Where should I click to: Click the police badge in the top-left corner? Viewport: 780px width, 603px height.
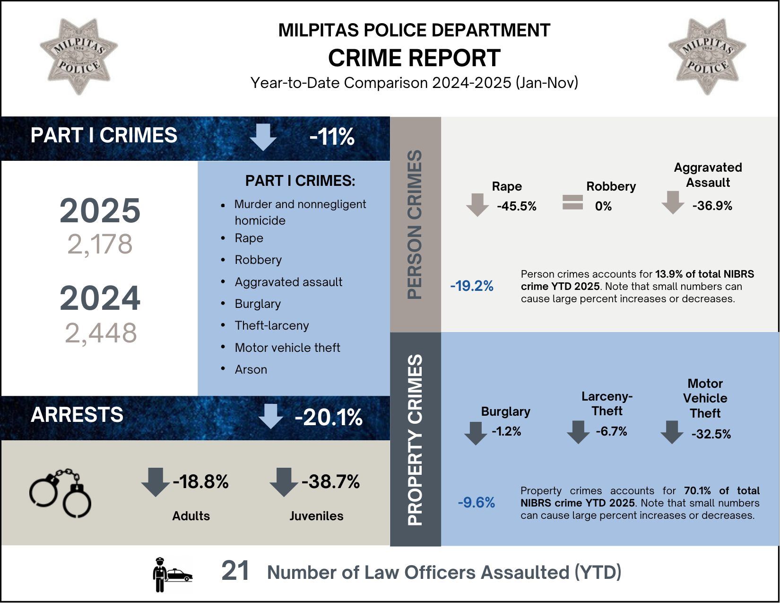(x=78, y=56)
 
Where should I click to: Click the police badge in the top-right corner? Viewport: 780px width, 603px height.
(x=707, y=56)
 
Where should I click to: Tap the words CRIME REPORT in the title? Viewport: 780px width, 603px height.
(x=414, y=58)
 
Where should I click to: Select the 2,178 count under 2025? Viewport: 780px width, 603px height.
(x=100, y=245)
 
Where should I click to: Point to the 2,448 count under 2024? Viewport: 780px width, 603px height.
(x=101, y=332)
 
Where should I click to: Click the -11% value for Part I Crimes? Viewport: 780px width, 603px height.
(x=332, y=137)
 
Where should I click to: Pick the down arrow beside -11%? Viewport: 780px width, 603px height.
(x=263, y=137)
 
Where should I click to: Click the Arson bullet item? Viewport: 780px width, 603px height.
(x=251, y=369)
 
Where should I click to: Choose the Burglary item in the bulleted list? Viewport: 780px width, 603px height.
(x=258, y=304)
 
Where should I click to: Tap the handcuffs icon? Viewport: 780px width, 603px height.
(x=61, y=492)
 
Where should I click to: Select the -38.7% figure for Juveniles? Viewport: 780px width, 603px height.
(x=330, y=482)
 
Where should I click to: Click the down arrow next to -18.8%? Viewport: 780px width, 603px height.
(x=156, y=482)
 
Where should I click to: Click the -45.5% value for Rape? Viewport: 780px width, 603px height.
(x=517, y=206)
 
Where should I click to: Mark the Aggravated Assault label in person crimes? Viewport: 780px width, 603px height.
(x=708, y=175)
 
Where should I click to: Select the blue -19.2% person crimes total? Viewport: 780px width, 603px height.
(x=472, y=286)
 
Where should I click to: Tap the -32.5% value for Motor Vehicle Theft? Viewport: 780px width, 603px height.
(x=711, y=434)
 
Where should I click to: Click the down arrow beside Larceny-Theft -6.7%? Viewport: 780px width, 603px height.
(x=578, y=432)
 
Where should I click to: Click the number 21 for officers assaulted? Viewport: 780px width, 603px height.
(x=235, y=571)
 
